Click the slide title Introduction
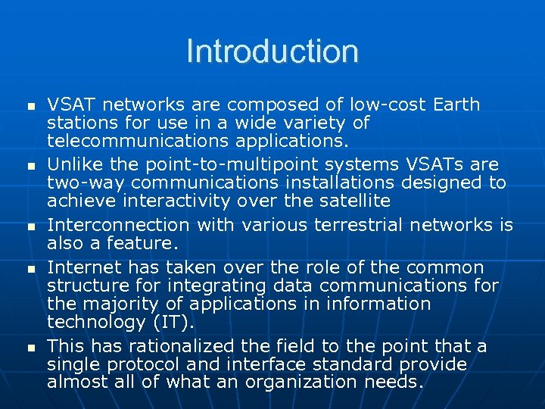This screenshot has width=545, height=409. (272, 52)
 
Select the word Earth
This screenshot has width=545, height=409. (456, 104)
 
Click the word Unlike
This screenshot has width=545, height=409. (73, 164)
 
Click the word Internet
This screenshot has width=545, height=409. (84, 267)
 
